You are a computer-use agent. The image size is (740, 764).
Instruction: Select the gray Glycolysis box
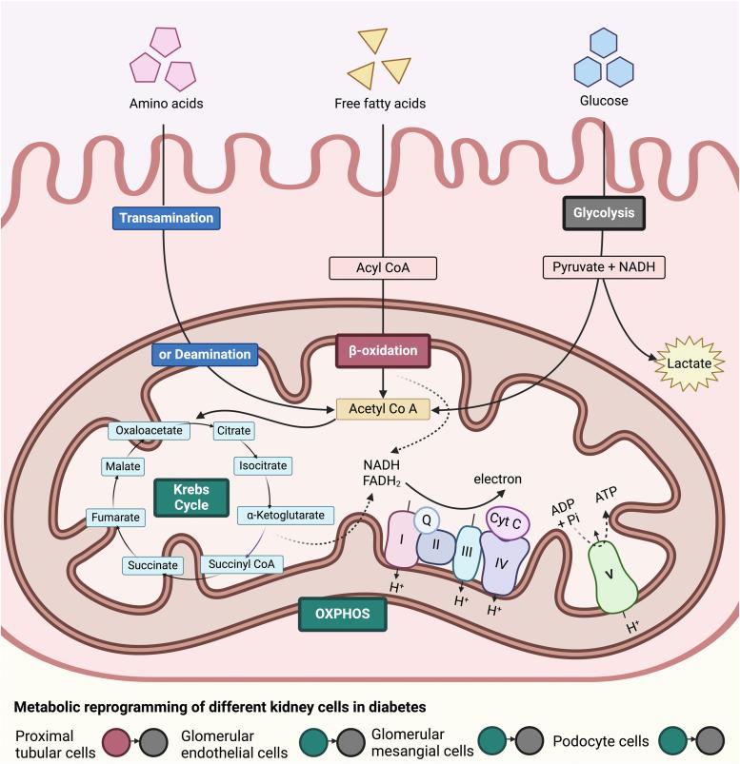tap(604, 213)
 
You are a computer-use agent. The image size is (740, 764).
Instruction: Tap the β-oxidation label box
tap(382, 350)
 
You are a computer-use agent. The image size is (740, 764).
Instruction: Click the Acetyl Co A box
tap(382, 408)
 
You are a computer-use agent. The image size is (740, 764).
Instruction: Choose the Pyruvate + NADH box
tap(604, 269)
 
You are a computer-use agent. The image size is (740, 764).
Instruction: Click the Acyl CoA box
tap(382, 269)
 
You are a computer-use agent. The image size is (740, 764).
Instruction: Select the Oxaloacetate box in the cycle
tap(149, 431)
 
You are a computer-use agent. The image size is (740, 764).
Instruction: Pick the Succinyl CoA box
tap(241, 564)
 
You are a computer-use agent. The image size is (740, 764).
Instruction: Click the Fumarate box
tap(115, 518)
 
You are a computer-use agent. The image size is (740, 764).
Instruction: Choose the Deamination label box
tap(204, 354)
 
